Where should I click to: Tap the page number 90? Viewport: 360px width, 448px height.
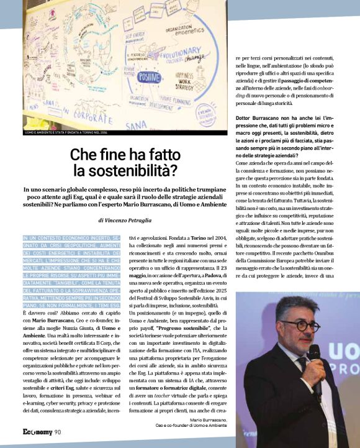pyautogui.click(x=57, y=432)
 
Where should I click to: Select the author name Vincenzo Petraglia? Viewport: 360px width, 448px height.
pyautogui.click(x=130, y=220)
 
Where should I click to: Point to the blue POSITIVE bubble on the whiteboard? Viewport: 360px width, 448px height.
pyautogui.click(x=149, y=77)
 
